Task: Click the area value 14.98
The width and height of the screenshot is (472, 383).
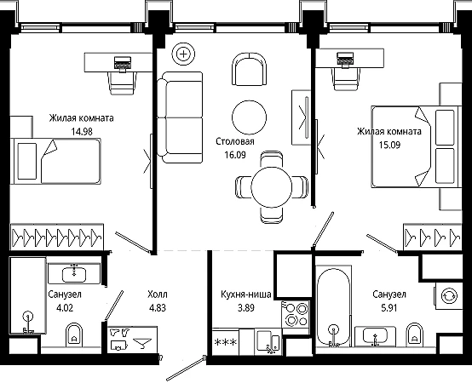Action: (x=82, y=131)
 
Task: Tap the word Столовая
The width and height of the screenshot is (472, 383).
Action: (x=235, y=141)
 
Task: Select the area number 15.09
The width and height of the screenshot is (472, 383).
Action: (x=389, y=145)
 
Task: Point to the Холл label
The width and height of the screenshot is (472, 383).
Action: (x=158, y=294)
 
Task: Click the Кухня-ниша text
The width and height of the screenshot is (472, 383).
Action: (x=246, y=294)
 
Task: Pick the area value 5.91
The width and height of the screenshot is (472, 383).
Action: (x=389, y=308)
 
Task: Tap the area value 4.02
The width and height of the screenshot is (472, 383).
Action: (x=65, y=308)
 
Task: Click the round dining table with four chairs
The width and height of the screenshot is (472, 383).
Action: (x=272, y=187)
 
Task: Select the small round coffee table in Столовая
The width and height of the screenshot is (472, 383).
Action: (x=250, y=117)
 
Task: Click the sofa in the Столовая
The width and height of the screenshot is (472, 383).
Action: (x=180, y=117)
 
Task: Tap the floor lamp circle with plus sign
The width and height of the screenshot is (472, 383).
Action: (x=183, y=54)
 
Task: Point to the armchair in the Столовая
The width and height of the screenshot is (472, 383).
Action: (x=250, y=69)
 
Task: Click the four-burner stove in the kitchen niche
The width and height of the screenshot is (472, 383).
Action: (x=296, y=314)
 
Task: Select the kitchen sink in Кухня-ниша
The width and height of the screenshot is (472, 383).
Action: (x=268, y=342)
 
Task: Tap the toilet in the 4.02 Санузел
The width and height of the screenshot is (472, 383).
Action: (x=74, y=334)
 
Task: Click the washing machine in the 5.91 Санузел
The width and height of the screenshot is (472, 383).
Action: (x=449, y=296)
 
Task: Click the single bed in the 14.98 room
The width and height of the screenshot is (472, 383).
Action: (x=55, y=161)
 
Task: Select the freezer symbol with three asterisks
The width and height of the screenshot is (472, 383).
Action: (x=226, y=342)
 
